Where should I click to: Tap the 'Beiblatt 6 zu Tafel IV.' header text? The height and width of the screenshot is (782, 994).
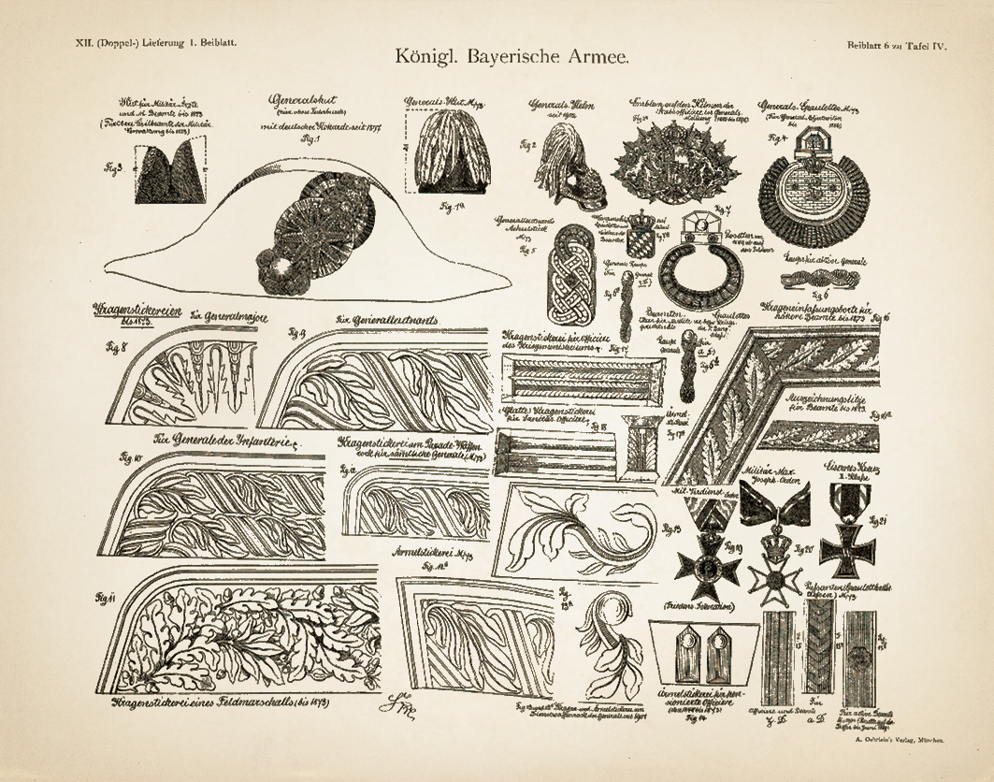896,45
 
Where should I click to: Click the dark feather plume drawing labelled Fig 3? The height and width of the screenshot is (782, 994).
171,175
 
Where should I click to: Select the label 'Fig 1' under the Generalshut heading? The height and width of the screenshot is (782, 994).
307,139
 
